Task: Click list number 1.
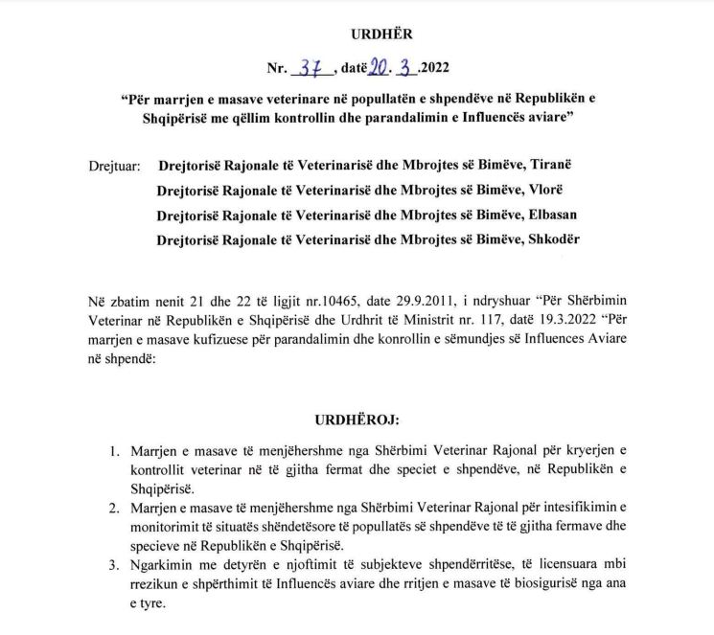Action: pos(114,450)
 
